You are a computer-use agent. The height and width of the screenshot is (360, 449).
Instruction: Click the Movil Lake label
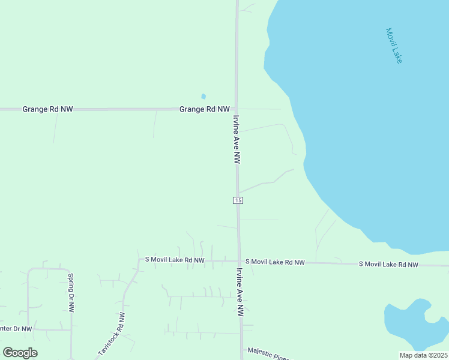click(394, 45)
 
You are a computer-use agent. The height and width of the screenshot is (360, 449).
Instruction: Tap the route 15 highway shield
click(238, 200)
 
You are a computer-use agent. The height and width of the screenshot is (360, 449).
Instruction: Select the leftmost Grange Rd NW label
click(47, 109)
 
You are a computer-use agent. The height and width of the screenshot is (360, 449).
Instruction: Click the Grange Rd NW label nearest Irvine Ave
click(205, 109)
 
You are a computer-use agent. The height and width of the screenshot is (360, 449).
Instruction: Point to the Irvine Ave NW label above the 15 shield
click(237, 140)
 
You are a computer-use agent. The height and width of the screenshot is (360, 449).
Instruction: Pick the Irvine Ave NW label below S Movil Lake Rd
click(240, 293)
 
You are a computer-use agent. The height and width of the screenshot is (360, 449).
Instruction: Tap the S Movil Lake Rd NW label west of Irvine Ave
click(175, 260)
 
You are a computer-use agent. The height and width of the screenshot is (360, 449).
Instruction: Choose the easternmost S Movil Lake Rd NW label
click(388, 264)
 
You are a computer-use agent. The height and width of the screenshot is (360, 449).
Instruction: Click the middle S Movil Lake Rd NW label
click(275, 262)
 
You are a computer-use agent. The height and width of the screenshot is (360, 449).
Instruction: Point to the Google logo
click(20, 353)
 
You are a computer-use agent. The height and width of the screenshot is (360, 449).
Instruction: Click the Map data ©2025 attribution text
click(423, 355)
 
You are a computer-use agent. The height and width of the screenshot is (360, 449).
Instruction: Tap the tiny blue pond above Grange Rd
click(203, 96)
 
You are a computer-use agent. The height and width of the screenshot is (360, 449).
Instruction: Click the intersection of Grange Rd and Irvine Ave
click(237, 109)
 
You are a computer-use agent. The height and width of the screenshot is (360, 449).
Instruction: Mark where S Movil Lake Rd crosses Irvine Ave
click(239, 262)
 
